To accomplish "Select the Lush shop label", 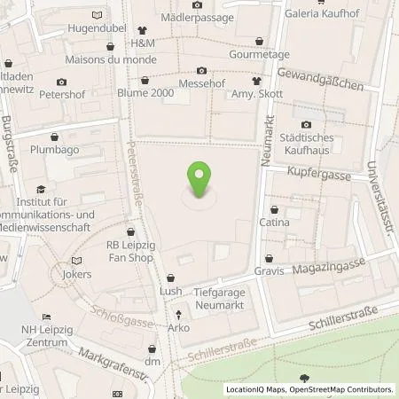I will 171,291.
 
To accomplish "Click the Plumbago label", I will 56,152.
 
